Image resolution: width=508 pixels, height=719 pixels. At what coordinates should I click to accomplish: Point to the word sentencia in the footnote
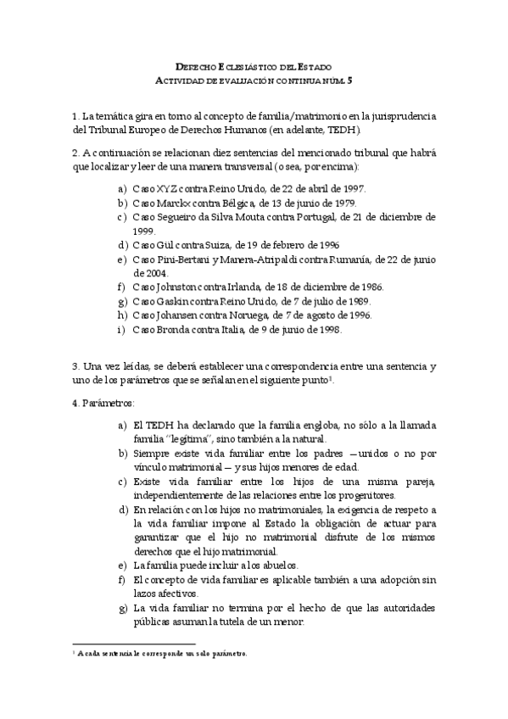point(119,654)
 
